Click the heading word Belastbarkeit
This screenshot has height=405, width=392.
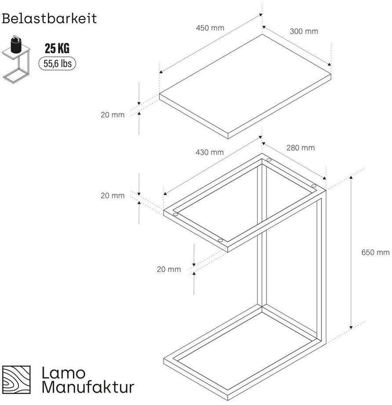tap(49, 18)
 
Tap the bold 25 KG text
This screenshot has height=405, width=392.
tap(57, 48)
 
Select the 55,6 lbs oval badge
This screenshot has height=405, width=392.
tap(57, 63)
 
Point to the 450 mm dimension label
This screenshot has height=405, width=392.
tap(210, 28)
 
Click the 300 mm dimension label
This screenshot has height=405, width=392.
tap(304, 31)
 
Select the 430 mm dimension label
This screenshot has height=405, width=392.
tap(210, 152)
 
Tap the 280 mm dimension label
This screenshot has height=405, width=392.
tap(301, 148)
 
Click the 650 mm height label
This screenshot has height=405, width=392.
tap(375, 252)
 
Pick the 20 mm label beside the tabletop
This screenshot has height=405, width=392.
tap(113, 115)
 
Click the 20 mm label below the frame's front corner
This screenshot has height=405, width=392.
tap(169, 269)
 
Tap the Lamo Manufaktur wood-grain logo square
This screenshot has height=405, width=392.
tap(17, 379)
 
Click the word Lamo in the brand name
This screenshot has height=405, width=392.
tap(63, 373)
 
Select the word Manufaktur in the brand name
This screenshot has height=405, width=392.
tap(88, 387)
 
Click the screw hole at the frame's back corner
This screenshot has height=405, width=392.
tap(269, 160)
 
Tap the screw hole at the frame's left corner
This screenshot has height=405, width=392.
tap(175, 214)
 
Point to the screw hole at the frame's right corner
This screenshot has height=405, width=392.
tap(314, 186)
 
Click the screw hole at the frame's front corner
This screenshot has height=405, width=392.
tap(220, 240)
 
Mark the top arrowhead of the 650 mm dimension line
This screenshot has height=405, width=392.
tap(351, 177)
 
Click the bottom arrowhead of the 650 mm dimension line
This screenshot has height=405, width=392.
tap(351, 328)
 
